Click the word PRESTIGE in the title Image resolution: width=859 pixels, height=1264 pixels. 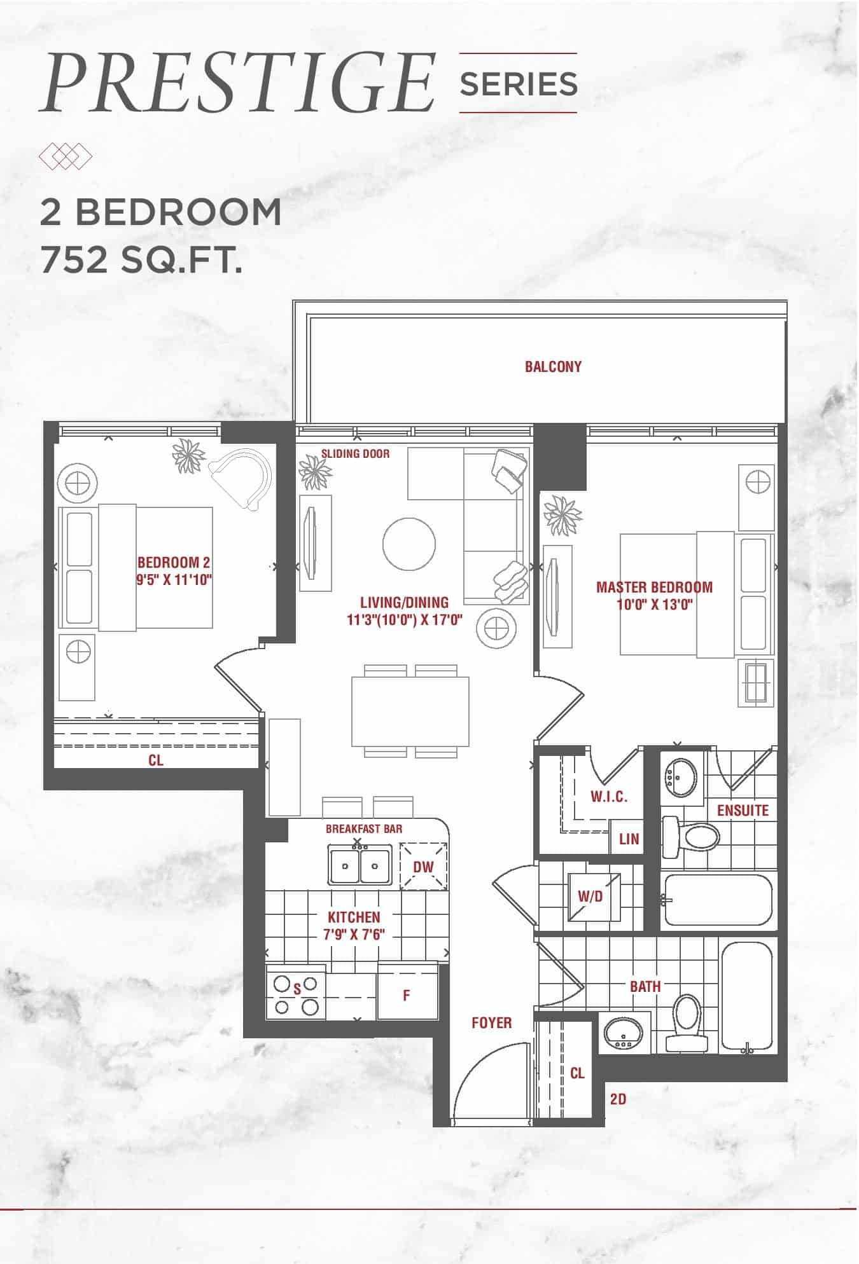tap(237, 84)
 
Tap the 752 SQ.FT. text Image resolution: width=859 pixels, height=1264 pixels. tap(141, 261)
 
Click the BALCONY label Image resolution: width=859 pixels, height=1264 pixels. tap(553, 367)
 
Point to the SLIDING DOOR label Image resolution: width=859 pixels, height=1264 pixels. tap(355, 453)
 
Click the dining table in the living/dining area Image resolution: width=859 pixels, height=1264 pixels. tap(410, 711)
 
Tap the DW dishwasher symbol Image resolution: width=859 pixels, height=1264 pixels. tap(423, 867)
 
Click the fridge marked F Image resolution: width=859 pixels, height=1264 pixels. tap(407, 995)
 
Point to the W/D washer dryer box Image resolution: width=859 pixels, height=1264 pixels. tap(594, 896)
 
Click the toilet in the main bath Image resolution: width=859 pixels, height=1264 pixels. tap(687, 1023)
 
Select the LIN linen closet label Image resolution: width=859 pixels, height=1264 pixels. tap(629, 839)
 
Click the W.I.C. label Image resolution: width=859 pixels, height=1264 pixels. tap(609, 797)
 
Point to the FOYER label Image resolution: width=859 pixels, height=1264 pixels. tap(491, 1022)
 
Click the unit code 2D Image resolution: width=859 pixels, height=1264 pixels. tap(618, 1099)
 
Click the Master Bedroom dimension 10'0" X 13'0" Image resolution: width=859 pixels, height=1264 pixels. tap(655, 603)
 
